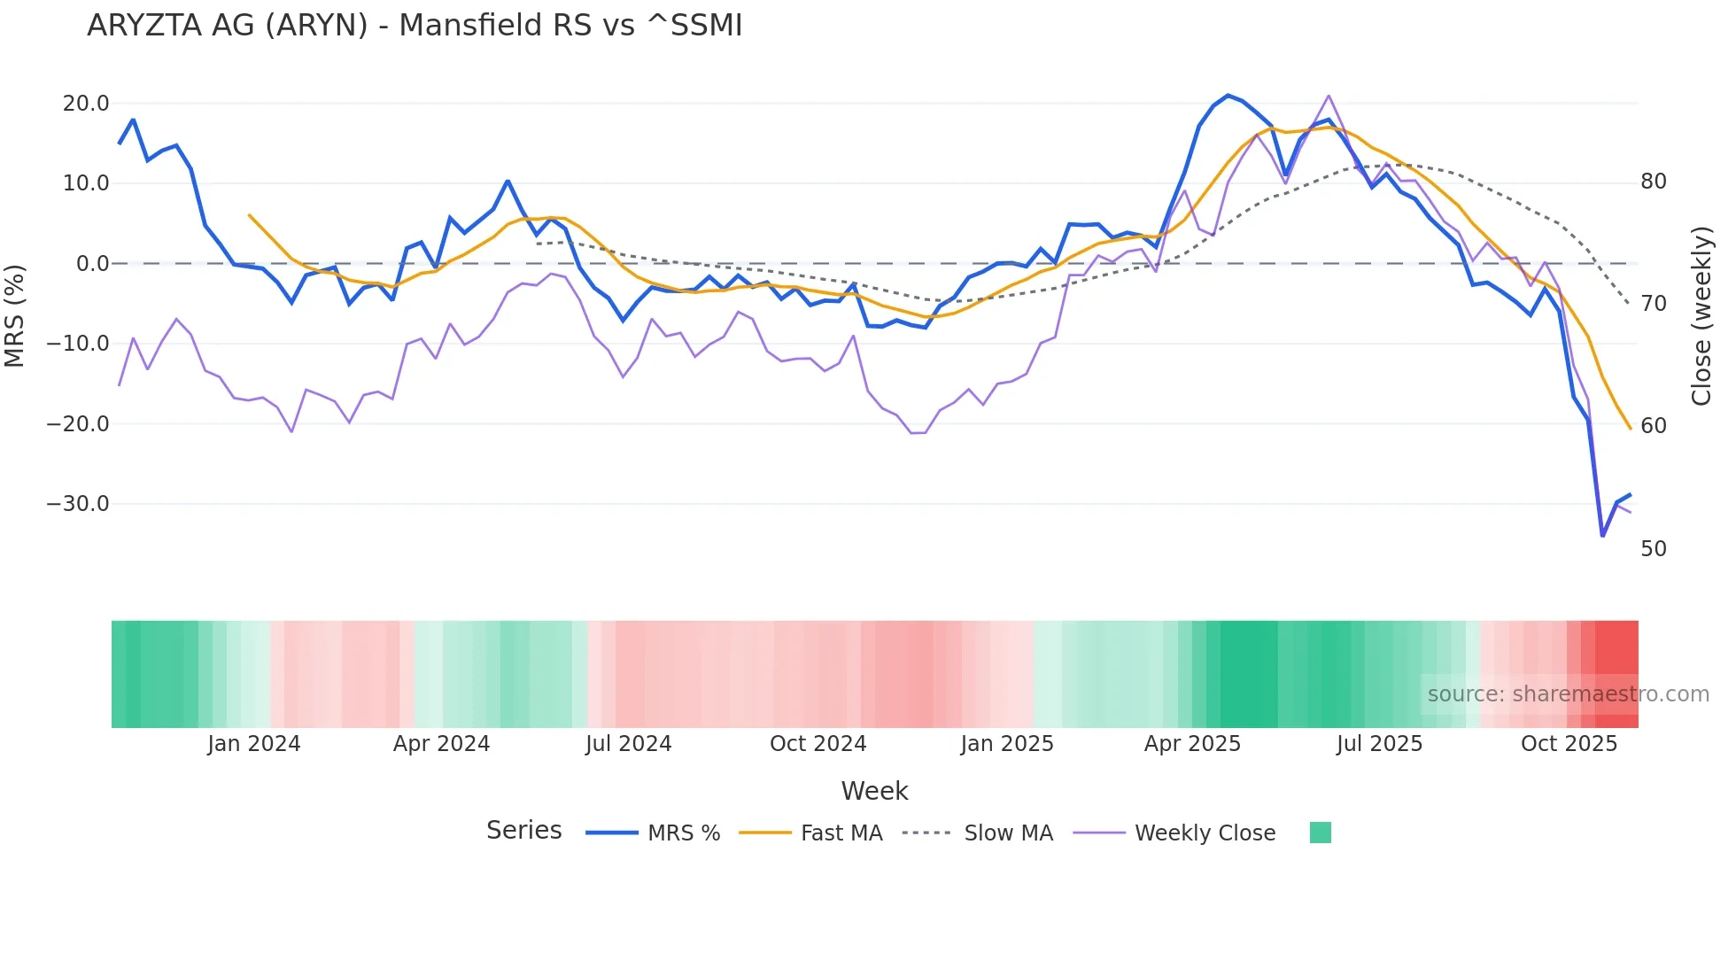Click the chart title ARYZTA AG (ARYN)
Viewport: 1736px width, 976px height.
[414, 26]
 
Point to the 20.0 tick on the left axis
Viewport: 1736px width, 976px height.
[86, 104]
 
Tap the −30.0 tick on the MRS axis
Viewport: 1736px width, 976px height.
[78, 504]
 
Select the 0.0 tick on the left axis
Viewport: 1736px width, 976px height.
[93, 264]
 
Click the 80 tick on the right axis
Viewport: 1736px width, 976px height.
[1653, 182]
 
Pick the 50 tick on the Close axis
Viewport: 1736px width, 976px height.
[1653, 549]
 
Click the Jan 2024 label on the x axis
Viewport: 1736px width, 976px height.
[254, 744]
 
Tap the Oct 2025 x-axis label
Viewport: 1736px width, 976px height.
[1569, 744]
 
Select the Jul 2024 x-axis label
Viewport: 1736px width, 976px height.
[628, 744]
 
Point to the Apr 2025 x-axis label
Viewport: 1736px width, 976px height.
[1192, 744]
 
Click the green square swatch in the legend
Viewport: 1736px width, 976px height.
[1320, 833]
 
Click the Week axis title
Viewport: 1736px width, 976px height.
[874, 791]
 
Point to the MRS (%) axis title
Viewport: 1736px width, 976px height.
[14, 315]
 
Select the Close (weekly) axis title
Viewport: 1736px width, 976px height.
[1701, 315]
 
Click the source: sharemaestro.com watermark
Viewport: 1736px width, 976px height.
[1568, 694]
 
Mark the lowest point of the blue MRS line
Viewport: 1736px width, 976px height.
[1602, 536]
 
